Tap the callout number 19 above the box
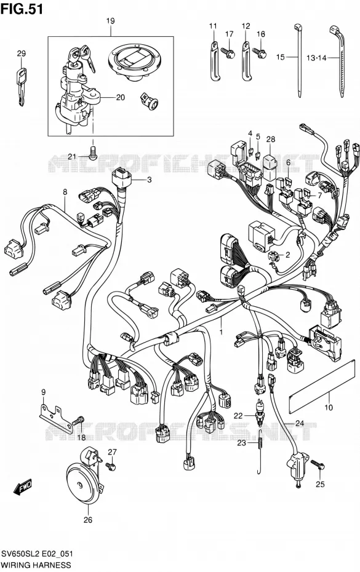110,21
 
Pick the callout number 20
120,97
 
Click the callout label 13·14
316,57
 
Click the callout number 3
149,180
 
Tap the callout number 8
65,191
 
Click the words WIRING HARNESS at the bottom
31,565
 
